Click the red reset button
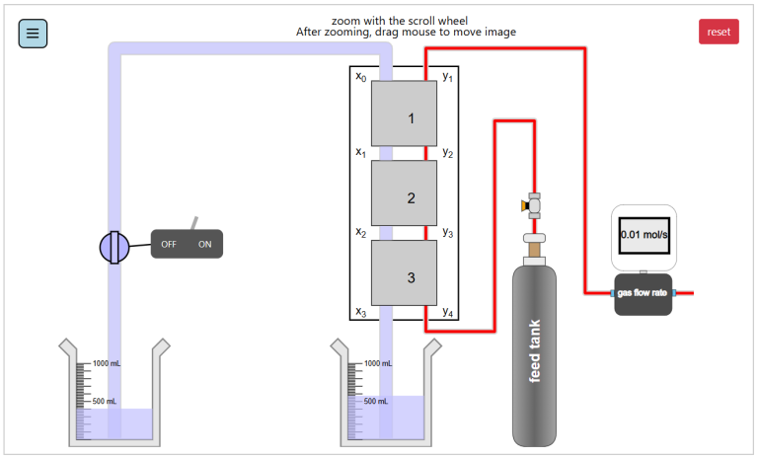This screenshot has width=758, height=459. (x=719, y=32)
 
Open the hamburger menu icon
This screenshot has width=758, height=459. (x=33, y=33)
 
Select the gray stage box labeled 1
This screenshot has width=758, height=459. (x=404, y=114)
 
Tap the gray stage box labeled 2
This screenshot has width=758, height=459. (x=404, y=192)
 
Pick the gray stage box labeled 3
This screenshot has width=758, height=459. (x=404, y=272)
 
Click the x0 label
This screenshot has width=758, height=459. (x=360, y=76)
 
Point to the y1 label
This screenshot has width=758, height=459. (x=448, y=76)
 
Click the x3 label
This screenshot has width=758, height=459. (x=360, y=312)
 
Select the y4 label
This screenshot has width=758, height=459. (x=448, y=312)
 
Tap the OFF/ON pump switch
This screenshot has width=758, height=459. (x=187, y=244)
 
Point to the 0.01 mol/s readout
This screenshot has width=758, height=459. (x=644, y=235)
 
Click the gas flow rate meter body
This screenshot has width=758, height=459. (x=644, y=293)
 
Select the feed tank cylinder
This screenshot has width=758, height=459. (x=535, y=355)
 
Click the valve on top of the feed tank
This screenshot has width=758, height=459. (x=534, y=205)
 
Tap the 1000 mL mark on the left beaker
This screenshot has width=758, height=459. (x=105, y=364)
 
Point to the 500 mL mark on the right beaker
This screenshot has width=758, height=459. (x=376, y=402)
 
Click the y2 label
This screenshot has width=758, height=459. (x=448, y=153)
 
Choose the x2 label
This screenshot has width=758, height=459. (x=360, y=233)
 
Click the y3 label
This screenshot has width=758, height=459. (x=448, y=233)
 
